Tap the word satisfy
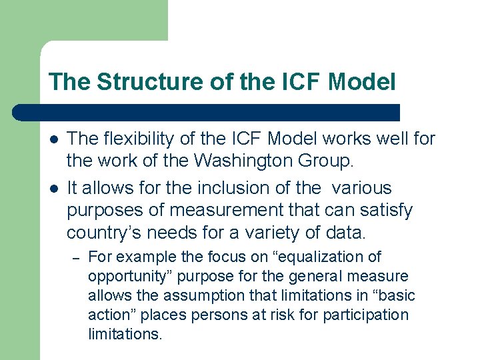tap(387, 211)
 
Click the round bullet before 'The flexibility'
tap(53, 139)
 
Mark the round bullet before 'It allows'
tap(53, 189)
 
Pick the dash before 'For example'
tap(76, 257)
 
